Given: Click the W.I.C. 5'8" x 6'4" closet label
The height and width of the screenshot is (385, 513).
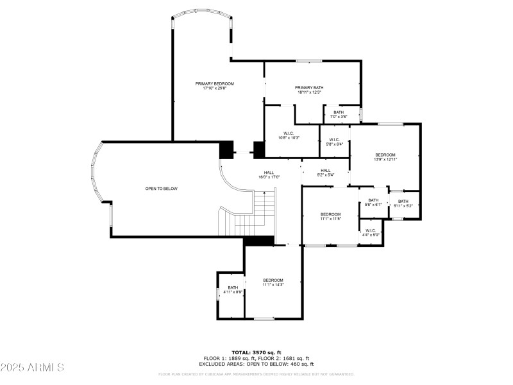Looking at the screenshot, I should [334, 142].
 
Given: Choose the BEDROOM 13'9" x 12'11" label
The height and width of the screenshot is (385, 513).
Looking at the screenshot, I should [385, 157].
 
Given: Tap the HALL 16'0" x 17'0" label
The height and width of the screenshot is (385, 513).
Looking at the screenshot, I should [269, 175].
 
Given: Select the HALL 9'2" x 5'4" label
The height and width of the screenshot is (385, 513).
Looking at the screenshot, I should [326, 173].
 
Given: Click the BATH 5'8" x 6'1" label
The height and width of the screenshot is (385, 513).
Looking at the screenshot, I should [373, 203].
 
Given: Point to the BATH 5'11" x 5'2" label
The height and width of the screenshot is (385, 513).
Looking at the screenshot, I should [403, 203].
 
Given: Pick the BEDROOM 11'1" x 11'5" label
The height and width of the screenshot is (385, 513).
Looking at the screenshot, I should [330, 216].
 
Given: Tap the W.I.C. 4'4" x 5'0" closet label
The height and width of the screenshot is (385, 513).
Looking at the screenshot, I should [371, 232].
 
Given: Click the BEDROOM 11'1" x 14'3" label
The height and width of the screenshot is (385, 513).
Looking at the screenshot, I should [273, 282].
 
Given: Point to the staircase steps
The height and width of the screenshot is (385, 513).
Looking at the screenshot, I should [256, 215].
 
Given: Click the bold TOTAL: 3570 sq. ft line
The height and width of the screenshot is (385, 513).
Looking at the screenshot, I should [256, 352].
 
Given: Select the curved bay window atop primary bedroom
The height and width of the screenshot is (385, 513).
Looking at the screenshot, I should [202, 12].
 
